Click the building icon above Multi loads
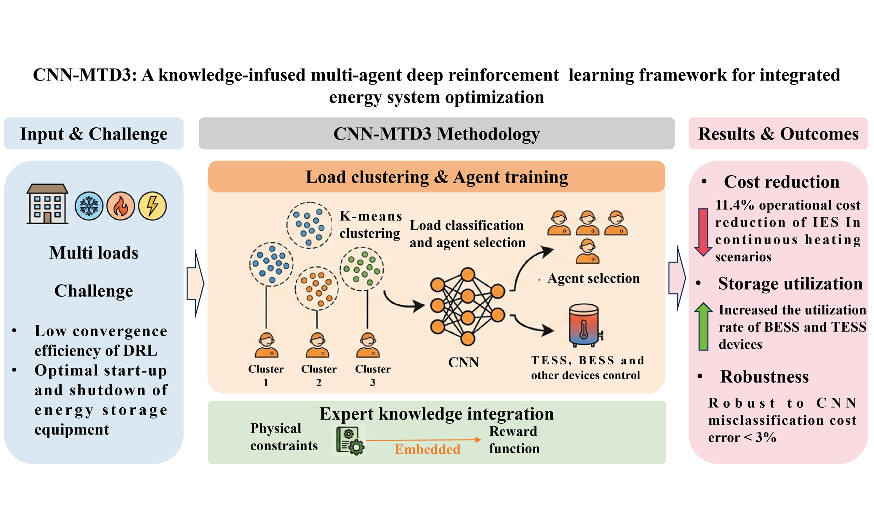click(47, 204)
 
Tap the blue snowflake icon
click(89, 206)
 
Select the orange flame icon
click(121, 206)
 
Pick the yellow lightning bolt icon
click(152, 206)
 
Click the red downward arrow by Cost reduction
click(703, 232)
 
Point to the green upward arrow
click(703, 326)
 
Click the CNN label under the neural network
click(463, 362)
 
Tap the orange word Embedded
click(427, 449)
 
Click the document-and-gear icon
click(349, 441)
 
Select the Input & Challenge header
click(94, 134)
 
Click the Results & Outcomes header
click(778, 134)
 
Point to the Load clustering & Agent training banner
click(436, 177)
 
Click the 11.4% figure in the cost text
click(730, 205)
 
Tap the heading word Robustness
click(764, 377)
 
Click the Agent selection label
click(593, 278)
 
